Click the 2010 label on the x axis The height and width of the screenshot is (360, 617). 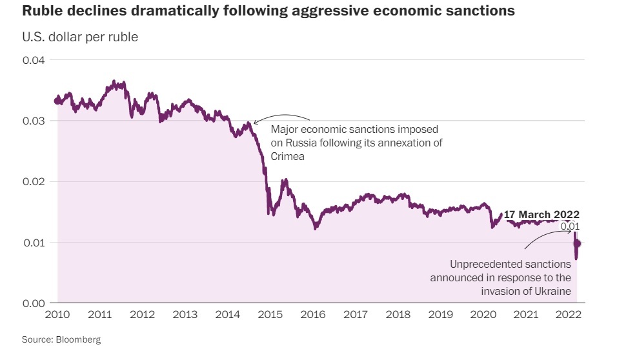[x=57, y=315]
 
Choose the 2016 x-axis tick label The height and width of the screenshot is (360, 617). [x=313, y=315]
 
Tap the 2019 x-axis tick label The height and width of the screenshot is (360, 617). [x=441, y=315]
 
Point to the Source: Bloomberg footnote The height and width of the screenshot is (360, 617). [x=61, y=339]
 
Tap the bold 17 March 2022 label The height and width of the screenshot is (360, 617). [x=541, y=214]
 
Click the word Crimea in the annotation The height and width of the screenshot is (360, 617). [x=287, y=157]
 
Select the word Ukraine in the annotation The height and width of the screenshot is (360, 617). [x=553, y=292]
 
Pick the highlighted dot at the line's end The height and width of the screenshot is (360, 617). [x=578, y=243]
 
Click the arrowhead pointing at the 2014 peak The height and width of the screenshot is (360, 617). [x=254, y=122]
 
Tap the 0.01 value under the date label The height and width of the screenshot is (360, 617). [x=569, y=226]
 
